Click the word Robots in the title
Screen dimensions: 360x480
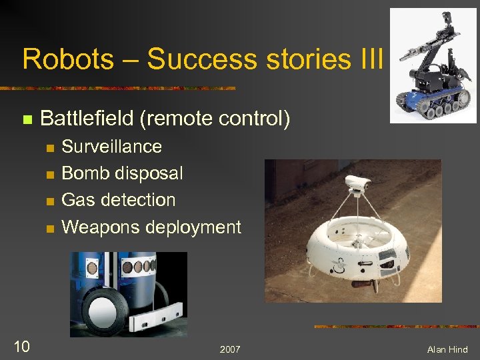coord(57,59)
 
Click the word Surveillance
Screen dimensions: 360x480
coord(111,147)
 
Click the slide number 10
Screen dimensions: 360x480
coord(21,346)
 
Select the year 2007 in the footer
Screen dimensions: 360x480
coord(230,350)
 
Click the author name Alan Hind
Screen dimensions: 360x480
coord(448,350)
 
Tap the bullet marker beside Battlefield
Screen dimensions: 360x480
coord(27,121)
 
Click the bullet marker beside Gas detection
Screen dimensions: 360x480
coord(48,201)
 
